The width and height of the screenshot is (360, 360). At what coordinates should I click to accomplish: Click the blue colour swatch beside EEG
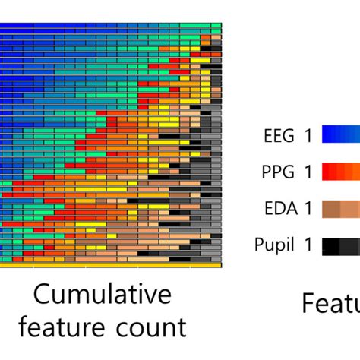click(341, 135)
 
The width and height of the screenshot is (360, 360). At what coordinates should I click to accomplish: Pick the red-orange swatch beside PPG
click(341, 172)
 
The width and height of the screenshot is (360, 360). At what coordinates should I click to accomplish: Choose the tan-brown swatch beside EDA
click(341, 209)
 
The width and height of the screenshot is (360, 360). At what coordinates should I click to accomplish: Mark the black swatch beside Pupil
click(341, 245)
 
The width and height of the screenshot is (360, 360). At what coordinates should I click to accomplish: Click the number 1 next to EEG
click(308, 135)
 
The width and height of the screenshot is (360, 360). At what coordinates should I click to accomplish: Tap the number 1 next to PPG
click(308, 172)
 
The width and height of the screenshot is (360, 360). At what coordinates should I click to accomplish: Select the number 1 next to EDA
click(308, 209)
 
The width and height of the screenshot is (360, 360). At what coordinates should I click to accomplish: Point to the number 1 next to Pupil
click(308, 245)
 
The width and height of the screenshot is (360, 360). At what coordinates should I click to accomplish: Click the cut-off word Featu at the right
click(331, 304)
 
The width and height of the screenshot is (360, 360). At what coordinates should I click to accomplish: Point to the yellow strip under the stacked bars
click(110, 266)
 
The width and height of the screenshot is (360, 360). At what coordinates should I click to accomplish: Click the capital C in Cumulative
click(43, 295)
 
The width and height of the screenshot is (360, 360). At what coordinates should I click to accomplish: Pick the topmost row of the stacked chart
click(110, 25)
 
